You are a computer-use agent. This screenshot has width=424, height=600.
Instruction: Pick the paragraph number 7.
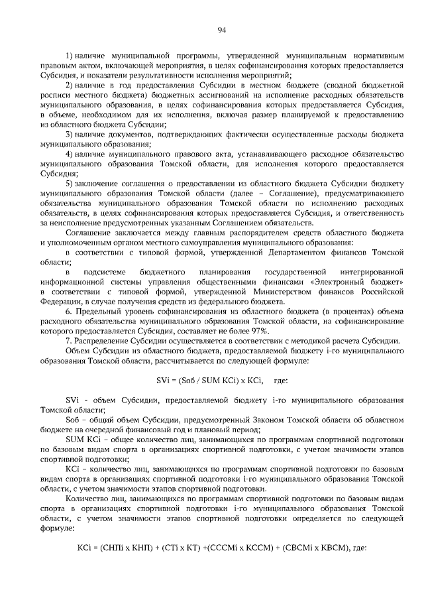pos(68,341)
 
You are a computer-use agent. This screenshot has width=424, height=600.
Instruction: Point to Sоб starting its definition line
pos(74,420)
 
